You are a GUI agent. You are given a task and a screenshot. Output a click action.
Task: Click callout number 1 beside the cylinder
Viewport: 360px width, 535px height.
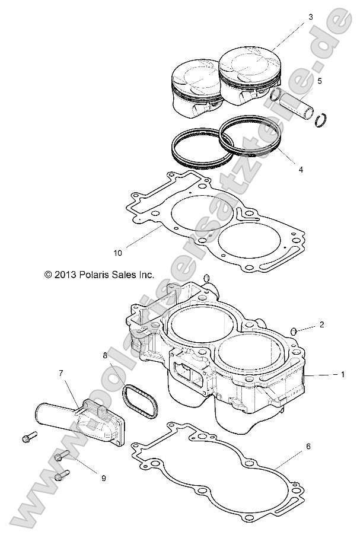pos(342,375)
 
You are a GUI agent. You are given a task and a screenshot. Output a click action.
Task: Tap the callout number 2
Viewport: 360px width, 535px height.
pos(321,324)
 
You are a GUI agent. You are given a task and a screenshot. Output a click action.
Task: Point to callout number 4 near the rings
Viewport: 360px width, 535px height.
pos(301,169)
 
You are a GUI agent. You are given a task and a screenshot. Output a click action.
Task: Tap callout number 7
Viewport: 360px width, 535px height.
pos(60,373)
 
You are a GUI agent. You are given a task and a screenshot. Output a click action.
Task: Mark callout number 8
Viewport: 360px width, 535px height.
pos(106,356)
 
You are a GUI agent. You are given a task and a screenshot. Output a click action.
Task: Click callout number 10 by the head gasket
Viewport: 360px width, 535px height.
pos(117,253)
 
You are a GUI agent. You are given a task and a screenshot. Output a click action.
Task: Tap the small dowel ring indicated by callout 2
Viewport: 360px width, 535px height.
pos(293,330)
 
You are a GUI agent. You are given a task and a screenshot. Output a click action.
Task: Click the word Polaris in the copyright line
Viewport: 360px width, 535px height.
pos(91,275)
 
